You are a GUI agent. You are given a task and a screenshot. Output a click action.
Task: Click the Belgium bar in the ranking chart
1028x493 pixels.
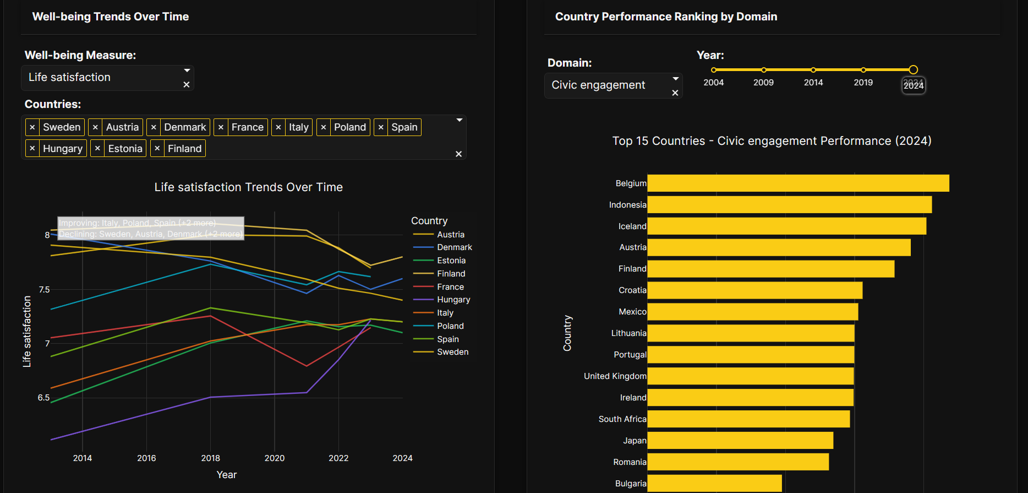(x=798, y=183)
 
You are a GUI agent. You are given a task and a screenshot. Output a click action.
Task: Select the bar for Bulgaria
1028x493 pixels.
(x=714, y=483)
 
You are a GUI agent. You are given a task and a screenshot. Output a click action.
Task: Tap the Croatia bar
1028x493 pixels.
(x=754, y=290)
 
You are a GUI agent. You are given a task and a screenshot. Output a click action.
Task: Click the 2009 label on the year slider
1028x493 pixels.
(x=763, y=83)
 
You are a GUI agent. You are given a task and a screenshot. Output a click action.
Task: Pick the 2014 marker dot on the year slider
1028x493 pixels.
(x=813, y=70)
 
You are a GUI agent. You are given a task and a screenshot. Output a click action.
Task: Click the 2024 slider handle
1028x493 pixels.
(x=913, y=70)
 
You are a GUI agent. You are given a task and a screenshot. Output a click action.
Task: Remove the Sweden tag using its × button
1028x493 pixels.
(x=32, y=127)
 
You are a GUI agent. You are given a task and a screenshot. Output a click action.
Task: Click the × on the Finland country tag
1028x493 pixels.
(x=157, y=149)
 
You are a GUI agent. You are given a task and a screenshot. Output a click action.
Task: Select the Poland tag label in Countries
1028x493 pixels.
(x=349, y=127)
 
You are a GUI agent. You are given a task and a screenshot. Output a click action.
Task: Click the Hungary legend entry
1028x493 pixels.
(x=453, y=300)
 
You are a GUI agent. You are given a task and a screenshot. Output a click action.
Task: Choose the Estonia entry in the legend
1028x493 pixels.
(x=451, y=261)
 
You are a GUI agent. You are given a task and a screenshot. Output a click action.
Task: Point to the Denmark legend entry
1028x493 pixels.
(x=454, y=247)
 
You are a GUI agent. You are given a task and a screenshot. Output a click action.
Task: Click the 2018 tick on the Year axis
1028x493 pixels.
(x=210, y=458)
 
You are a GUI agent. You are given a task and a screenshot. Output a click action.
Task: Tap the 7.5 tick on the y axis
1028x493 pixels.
(x=44, y=290)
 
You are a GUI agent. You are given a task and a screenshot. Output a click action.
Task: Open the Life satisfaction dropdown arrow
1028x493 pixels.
(x=187, y=71)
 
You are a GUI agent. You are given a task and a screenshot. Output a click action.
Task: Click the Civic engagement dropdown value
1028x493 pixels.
(x=598, y=85)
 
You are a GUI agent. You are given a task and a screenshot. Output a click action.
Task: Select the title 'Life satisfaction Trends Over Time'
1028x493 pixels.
(x=248, y=187)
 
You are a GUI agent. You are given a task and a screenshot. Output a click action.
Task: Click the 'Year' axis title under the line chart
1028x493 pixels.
(x=226, y=475)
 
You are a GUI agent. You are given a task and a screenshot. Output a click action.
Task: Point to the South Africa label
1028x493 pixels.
(x=622, y=419)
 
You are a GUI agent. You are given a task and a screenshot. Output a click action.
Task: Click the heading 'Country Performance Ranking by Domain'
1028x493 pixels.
(x=666, y=17)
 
